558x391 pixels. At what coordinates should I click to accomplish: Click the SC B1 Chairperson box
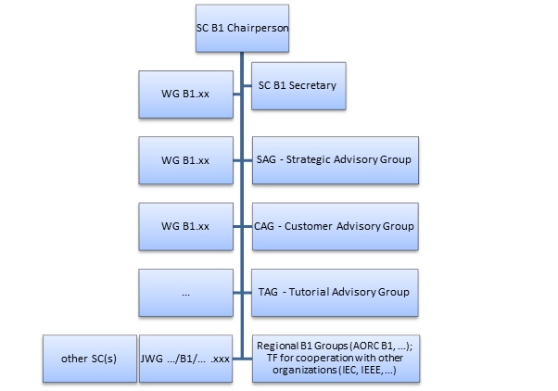click(x=243, y=29)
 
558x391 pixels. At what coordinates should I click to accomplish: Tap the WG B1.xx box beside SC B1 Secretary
click(x=185, y=94)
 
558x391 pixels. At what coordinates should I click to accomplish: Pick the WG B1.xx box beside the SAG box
click(x=185, y=159)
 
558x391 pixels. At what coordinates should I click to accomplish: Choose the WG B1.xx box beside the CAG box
click(x=185, y=225)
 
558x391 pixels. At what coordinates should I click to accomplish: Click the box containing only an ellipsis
click(x=185, y=292)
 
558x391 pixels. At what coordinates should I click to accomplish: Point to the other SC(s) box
click(x=89, y=358)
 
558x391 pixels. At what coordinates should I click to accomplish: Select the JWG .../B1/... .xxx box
click(x=185, y=358)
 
